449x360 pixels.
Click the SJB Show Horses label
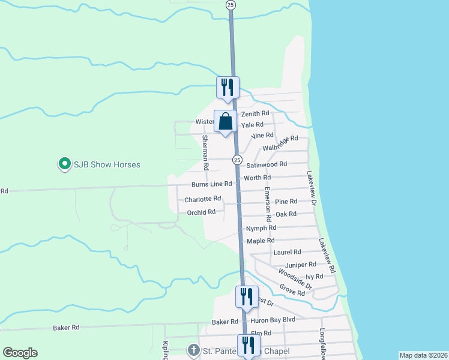coord(107,164)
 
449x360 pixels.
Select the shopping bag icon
coord(226,122)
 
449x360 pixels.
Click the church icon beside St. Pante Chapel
coord(193,350)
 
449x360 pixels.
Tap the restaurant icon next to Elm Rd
coord(246,345)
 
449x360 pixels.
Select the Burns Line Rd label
coord(211,184)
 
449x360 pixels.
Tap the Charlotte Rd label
coord(203,199)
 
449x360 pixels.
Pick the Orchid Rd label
coord(201,212)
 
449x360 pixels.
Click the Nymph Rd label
coord(261,228)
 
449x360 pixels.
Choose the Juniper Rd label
coord(301,265)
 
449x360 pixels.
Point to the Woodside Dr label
coord(296,280)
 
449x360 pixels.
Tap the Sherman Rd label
coord(205,152)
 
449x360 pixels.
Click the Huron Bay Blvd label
coord(273,321)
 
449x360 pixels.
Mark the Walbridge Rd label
coord(280,144)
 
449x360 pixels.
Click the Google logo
coord(20,353)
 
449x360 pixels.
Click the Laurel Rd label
coord(287,253)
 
